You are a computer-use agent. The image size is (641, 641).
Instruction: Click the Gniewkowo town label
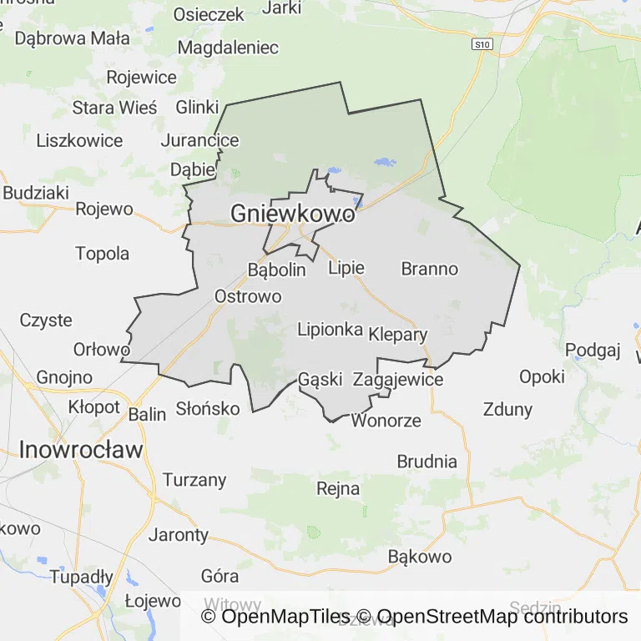(x=292, y=214)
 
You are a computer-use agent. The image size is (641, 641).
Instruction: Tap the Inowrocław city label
(x=81, y=450)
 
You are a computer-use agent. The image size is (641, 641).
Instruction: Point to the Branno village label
(x=430, y=269)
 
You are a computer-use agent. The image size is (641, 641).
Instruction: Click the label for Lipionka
(x=331, y=330)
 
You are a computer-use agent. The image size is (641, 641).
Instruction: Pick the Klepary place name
(x=397, y=336)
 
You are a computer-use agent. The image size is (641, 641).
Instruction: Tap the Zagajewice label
(x=398, y=380)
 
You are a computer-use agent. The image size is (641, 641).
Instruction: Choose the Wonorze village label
(x=386, y=420)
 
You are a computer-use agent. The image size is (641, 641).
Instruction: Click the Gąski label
(x=320, y=380)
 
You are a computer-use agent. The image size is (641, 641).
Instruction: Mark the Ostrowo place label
(x=248, y=296)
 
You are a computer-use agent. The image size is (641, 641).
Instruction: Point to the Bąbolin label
(x=277, y=270)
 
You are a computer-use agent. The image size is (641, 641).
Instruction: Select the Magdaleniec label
(x=228, y=48)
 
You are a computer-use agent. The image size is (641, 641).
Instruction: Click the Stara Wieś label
(x=114, y=108)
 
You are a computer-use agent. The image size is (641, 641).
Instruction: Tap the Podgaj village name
(x=593, y=350)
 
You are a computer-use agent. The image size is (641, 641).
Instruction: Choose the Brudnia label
(x=427, y=462)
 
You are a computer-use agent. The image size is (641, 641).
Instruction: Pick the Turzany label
(x=194, y=480)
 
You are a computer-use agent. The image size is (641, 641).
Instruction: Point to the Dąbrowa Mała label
(x=73, y=38)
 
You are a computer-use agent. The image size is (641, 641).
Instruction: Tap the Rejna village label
(x=339, y=488)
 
